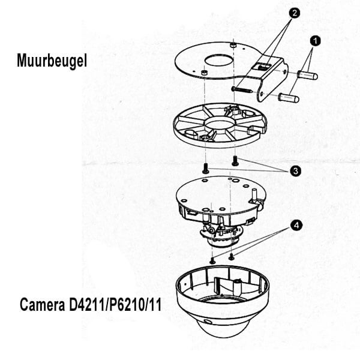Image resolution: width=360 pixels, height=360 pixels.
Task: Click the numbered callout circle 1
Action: point(315,41)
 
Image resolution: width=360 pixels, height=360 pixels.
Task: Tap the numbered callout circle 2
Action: point(295,13)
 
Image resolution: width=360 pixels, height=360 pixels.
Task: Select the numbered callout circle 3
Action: point(295,171)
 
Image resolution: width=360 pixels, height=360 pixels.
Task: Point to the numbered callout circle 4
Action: point(296,225)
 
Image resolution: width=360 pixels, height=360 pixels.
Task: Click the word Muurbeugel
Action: point(52,61)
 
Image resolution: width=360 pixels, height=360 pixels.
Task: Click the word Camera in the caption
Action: point(43,305)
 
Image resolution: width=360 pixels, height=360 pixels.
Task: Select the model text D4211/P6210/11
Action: point(115,305)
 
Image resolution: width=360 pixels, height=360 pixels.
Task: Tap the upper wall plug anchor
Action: point(307,75)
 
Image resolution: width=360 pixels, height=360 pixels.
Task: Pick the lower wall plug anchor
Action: point(289,98)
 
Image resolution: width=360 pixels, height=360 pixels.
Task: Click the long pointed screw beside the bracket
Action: point(242,90)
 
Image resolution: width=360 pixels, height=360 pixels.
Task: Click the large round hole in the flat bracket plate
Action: point(219,61)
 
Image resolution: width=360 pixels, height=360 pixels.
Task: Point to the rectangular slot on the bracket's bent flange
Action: point(262,66)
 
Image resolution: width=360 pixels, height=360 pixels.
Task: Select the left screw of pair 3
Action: point(206,169)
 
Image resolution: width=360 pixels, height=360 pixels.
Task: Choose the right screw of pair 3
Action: point(235,160)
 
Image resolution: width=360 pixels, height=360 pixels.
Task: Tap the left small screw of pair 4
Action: point(212,260)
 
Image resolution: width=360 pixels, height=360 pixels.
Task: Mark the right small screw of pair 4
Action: point(232,257)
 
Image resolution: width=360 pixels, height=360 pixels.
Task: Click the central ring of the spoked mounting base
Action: point(220,125)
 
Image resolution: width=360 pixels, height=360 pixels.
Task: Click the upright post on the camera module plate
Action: point(254,194)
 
